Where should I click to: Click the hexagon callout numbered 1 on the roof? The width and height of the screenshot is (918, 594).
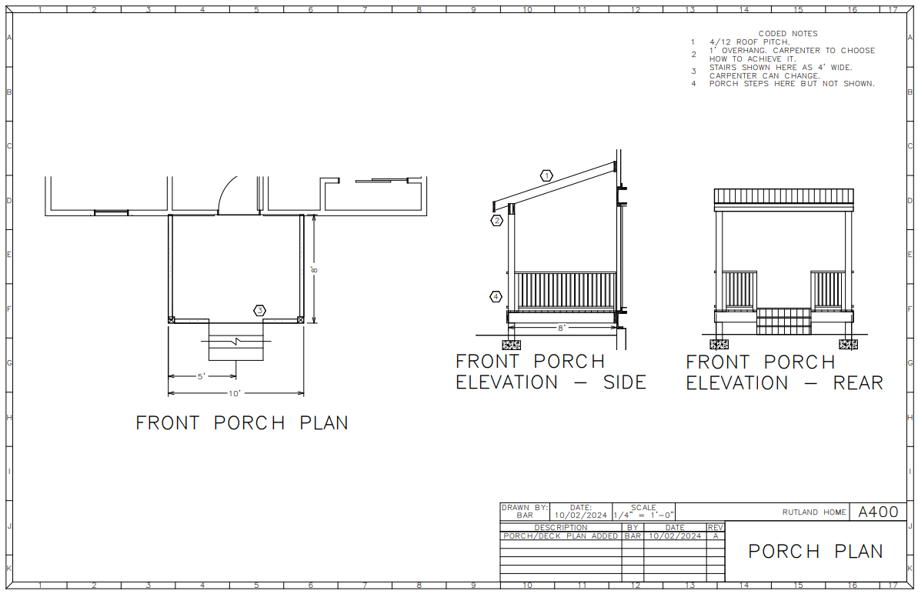546,175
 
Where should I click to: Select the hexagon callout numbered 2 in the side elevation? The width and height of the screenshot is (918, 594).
497,221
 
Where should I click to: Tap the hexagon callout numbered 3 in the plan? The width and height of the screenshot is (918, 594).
260,310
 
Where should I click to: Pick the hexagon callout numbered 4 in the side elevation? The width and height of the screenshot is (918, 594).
497,296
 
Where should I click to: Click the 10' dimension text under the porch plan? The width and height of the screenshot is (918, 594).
235,393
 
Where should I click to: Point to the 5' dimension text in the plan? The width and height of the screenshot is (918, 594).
201,376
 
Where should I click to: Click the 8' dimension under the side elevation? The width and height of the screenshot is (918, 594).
562,328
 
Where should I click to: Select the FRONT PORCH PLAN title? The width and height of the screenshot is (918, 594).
242,423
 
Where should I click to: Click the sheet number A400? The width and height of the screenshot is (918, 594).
878,512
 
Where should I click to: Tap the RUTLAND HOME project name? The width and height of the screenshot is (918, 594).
814,512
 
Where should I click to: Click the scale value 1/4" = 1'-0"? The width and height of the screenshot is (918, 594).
644,515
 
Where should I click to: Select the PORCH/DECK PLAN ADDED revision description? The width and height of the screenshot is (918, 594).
560,536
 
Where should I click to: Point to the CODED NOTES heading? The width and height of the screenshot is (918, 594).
788,33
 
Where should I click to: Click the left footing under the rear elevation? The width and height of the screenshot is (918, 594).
720,344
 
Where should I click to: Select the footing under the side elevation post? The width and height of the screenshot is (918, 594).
512,344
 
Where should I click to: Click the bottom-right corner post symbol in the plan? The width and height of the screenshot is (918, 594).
301,319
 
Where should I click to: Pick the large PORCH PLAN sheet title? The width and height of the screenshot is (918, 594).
815,552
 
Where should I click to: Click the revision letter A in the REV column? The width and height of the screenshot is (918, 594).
715,536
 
